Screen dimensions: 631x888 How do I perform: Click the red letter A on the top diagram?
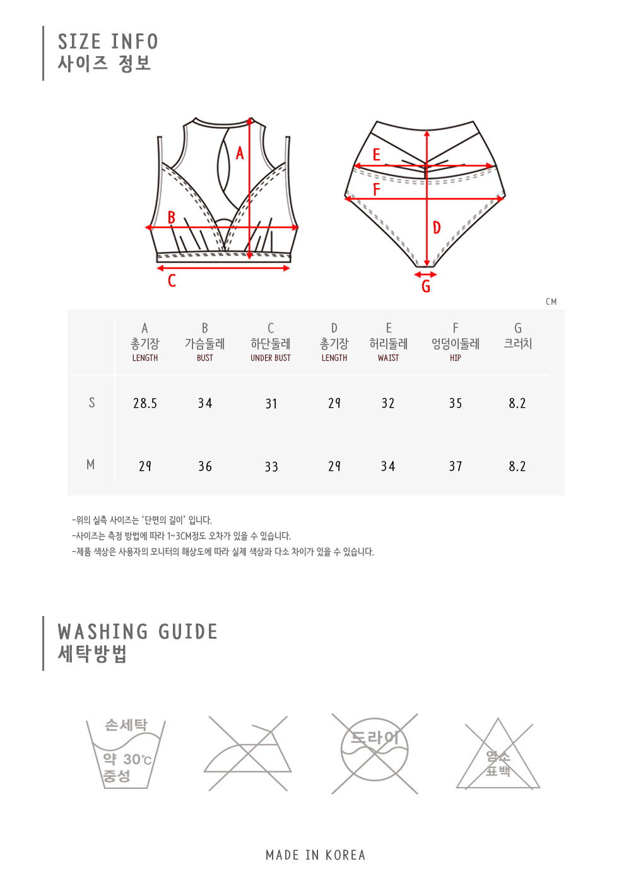(239, 153)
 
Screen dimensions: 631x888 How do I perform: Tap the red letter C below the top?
(172, 281)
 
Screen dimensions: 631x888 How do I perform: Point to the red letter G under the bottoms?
(426, 287)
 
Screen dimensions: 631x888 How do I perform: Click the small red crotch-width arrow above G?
(425, 275)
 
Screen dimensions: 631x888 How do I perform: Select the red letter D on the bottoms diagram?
(437, 228)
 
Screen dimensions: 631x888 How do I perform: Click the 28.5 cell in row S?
(145, 403)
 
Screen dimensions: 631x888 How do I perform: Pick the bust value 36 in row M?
(205, 466)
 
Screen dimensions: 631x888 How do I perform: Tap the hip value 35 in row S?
(456, 403)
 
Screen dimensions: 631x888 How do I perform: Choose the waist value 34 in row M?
(388, 466)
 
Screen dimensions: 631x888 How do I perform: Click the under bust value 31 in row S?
(271, 403)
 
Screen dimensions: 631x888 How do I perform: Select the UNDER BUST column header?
(270, 358)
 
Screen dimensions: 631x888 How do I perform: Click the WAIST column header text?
(389, 358)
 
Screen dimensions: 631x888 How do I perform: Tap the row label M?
(91, 465)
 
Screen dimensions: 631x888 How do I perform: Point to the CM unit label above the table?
(551, 302)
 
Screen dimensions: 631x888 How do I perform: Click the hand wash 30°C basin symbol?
(126, 754)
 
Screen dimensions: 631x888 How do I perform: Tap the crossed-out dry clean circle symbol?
(375, 754)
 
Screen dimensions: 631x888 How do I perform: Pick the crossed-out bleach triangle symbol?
(498, 754)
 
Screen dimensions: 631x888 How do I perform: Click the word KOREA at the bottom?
(345, 855)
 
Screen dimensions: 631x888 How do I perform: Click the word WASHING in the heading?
(103, 632)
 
